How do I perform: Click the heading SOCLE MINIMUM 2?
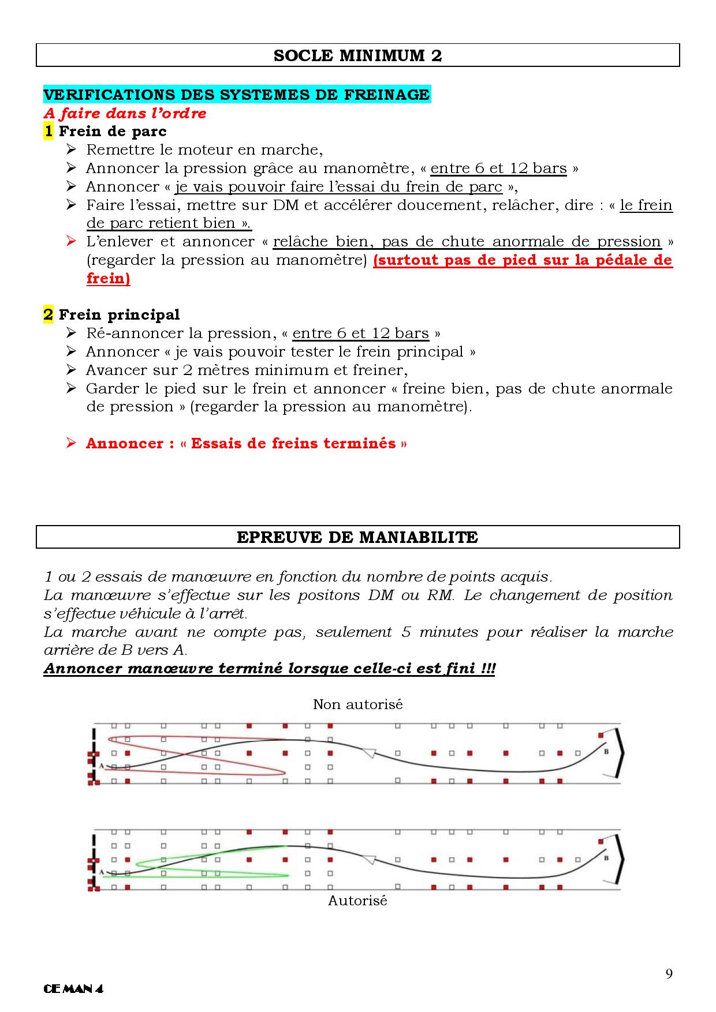[x=357, y=55]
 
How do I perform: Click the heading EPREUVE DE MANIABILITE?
[x=357, y=537]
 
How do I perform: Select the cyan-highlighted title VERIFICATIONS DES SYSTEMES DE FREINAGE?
[x=237, y=95]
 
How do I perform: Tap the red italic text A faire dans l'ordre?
[x=125, y=113]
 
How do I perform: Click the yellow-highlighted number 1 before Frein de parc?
[x=49, y=132]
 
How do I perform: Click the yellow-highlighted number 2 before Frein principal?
[x=49, y=314]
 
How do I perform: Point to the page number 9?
[x=669, y=974]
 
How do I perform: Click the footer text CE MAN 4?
[x=73, y=989]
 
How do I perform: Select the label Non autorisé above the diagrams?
[x=357, y=704]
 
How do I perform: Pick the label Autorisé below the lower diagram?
[x=357, y=901]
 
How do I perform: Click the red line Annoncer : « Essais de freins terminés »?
[x=247, y=444]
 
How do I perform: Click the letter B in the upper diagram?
[x=606, y=752]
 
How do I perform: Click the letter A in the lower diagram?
[x=101, y=872]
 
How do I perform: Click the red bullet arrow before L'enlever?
[x=72, y=241]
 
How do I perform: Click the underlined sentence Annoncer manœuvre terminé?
[x=269, y=669]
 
